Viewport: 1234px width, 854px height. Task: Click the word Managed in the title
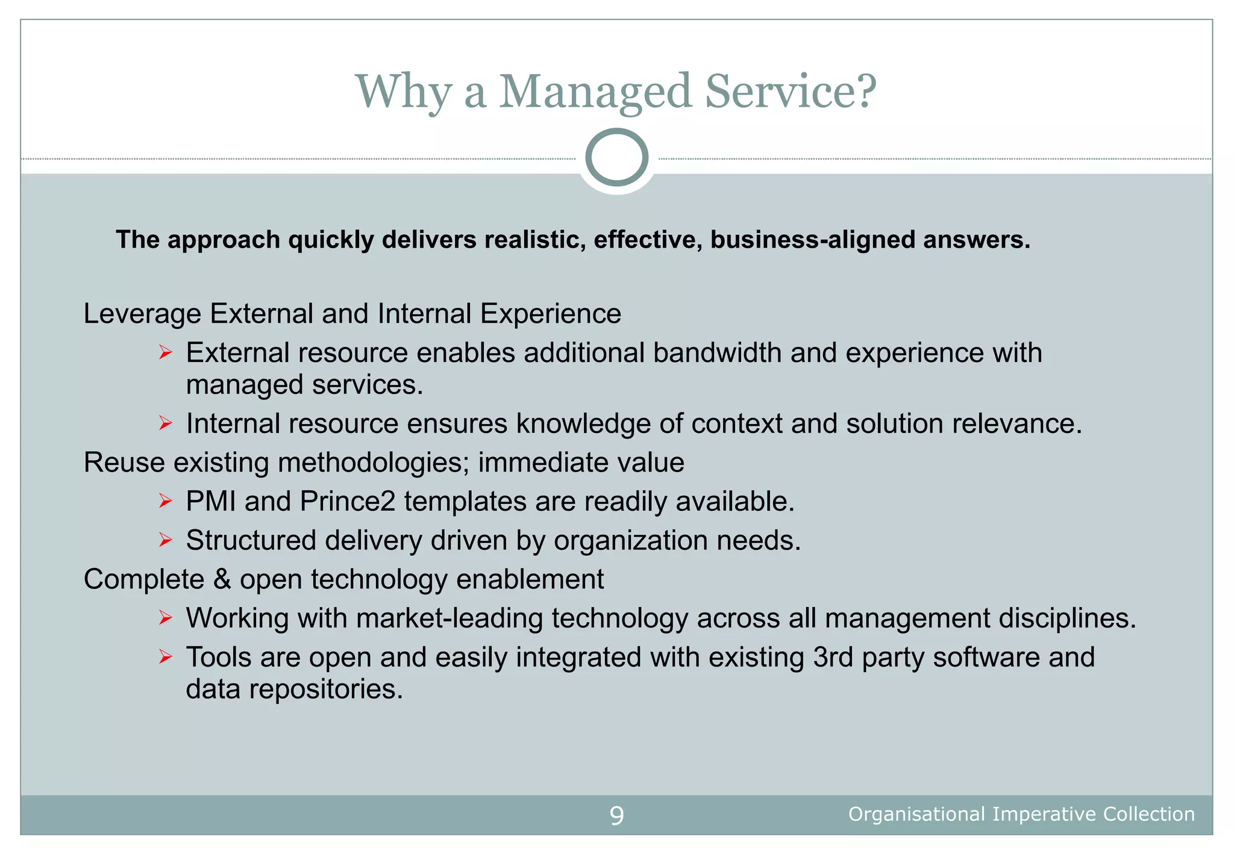click(x=595, y=92)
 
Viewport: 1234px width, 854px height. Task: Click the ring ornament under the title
click(x=616, y=158)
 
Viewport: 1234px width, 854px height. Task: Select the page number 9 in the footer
click(x=616, y=815)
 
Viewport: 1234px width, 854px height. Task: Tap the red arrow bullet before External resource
click(x=166, y=352)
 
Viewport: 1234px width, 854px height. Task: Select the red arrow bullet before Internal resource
click(x=166, y=423)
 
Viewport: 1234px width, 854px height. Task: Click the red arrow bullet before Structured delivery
click(x=166, y=540)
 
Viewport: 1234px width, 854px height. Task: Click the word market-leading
click(x=449, y=619)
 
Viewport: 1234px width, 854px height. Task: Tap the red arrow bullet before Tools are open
click(x=166, y=657)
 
